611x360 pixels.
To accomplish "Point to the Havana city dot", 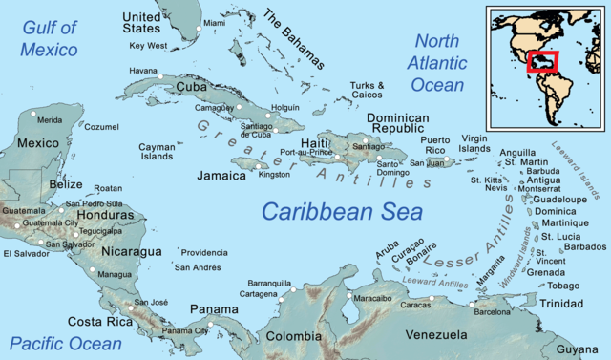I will coord(161,76).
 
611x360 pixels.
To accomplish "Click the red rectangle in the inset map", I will coord(542,62).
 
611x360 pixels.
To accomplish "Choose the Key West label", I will coord(147,46).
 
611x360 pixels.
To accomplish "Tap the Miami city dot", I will coord(198,30).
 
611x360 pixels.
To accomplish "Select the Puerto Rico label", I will coord(434,145).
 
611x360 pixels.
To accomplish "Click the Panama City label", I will coord(184,330).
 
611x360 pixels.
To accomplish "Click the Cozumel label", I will coord(102,126).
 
